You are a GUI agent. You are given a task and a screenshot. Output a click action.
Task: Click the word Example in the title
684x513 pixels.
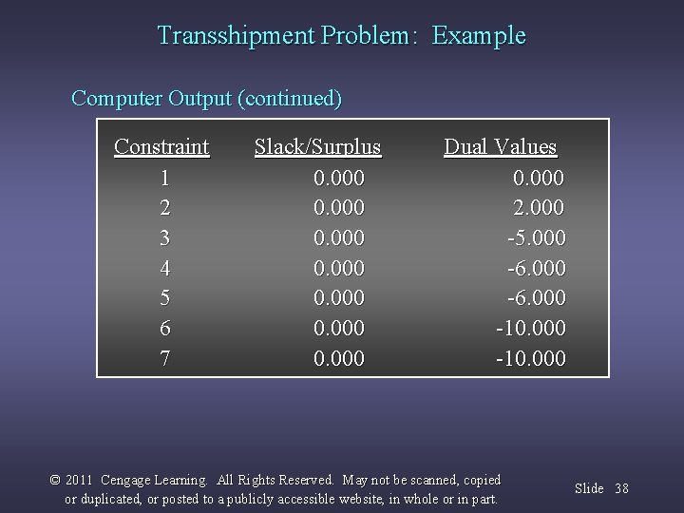(x=479, y=36)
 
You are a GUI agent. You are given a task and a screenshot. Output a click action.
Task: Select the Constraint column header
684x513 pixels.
(x=161, y=147)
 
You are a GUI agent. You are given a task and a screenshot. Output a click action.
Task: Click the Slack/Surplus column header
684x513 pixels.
(x=317, y=147)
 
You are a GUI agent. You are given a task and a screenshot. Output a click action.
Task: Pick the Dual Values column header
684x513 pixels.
(x=500, y=147)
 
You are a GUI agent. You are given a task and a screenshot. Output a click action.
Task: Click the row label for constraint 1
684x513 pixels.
(x=165, y=177)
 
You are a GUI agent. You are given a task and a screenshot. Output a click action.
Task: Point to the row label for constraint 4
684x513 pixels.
(x=165, y=268)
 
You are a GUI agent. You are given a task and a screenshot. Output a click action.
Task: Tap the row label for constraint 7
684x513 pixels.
(x=165, y=359)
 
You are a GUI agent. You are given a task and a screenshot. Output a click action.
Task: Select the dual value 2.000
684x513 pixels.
(x=539, y=207)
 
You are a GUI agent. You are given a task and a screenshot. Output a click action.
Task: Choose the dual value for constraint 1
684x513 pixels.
(x=539, y=177)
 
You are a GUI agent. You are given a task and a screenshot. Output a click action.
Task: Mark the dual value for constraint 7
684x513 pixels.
(x=530, y=359)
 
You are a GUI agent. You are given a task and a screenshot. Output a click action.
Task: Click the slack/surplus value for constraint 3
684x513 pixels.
(x=339, y=237)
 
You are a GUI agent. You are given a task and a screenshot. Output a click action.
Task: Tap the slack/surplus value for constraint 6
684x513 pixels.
(x=339, y=329)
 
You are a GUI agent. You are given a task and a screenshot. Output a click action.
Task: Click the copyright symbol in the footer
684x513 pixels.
(x=54, y=481)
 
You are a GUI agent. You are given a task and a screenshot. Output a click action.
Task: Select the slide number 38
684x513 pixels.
(x=621, y=488)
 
